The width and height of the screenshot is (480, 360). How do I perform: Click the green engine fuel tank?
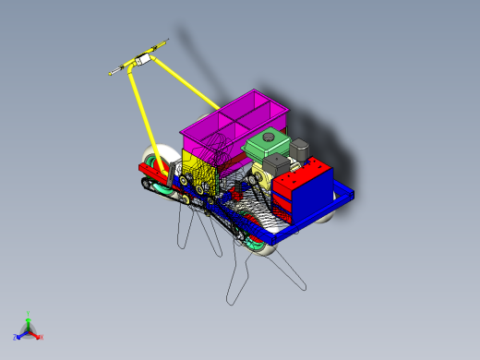[x=267, y=146]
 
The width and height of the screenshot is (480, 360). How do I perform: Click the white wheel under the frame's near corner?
[x=260, y=249]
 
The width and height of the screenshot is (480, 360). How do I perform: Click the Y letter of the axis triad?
[x=28, y=313]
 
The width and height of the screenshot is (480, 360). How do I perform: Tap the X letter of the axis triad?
[x=41, y=337]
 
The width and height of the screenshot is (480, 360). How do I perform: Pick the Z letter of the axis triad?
[x=16, y=337]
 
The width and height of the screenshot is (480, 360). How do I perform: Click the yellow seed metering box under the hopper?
[x=202, y=171]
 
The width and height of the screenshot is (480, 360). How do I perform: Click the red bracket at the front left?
[x=152, y=171]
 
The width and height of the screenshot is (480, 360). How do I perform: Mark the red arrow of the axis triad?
[x=35, y=334]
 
